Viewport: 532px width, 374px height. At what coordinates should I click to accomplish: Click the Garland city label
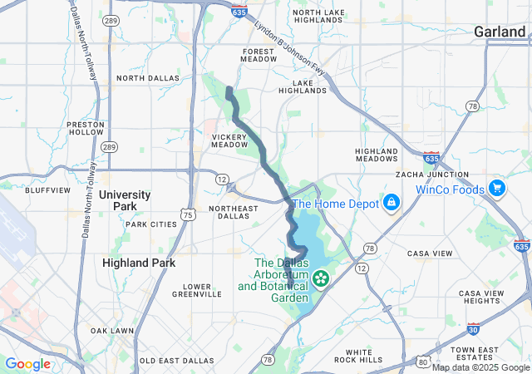[500, 32]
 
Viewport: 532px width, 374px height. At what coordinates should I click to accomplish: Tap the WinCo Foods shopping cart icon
[497, 187]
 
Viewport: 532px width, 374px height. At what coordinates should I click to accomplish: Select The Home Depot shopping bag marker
[392, 202]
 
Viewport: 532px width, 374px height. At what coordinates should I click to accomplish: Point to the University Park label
[125, 199]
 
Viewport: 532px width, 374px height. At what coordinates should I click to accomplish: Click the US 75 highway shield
[190, 214]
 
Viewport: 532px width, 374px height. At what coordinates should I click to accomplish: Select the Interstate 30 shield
[474, 330]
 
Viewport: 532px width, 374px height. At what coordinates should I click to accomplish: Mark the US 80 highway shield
[424, 363]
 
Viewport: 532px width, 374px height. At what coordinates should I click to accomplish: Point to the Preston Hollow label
[86, 128]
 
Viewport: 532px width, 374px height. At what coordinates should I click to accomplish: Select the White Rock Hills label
[359, 356]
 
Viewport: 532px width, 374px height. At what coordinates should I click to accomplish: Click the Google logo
[27, 363]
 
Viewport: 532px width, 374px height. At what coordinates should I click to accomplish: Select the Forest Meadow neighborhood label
[259, 55]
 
